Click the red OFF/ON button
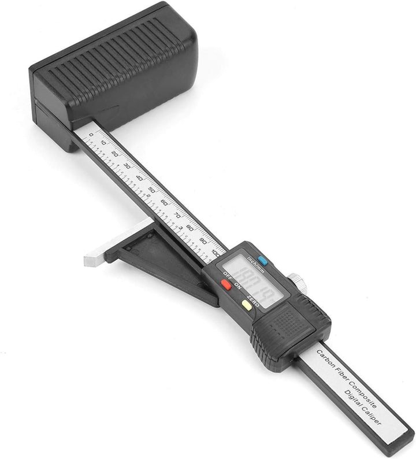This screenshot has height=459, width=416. pos(226,284)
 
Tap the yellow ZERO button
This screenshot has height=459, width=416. pos(247,305)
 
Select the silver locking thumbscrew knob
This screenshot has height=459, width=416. pos(298,281)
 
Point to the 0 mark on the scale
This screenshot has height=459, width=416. pos(91,135)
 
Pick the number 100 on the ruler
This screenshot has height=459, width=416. pos(216,251)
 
